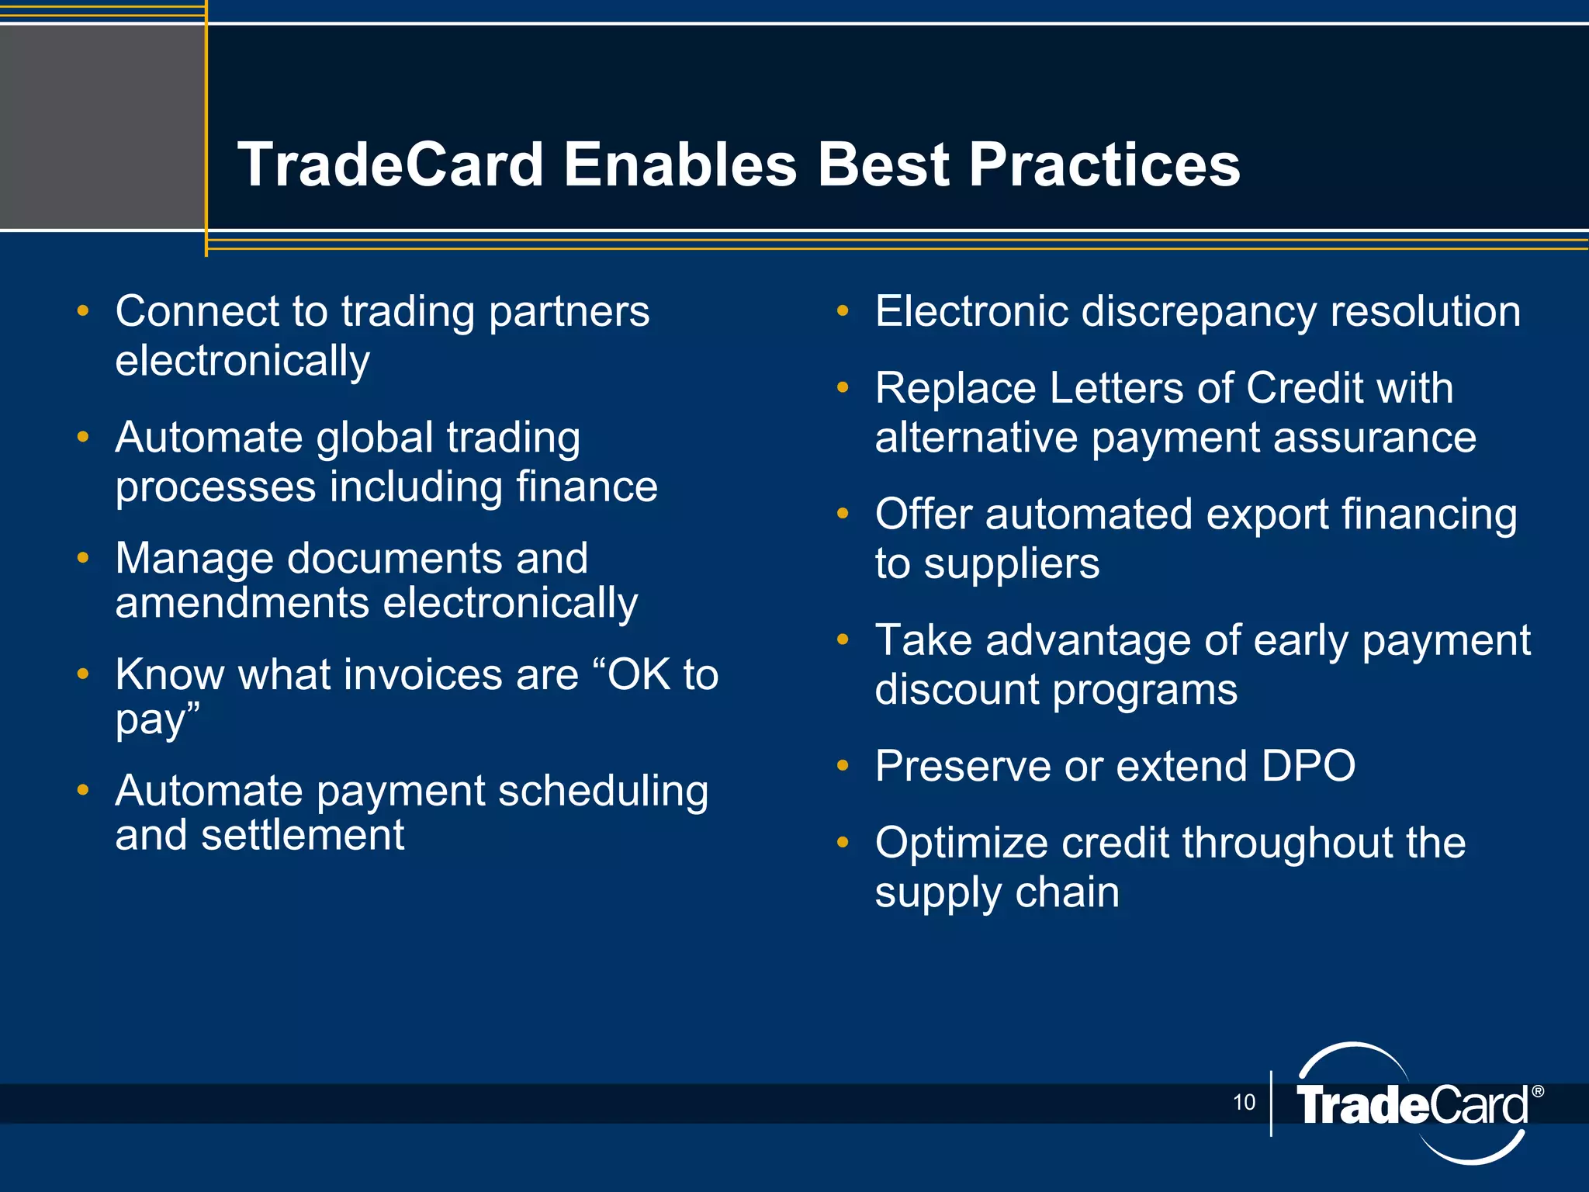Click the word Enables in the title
pos(680,165)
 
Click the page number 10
pos(1244,1102)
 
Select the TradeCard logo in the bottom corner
pos(1412,1104)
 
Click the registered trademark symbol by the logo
pos(1538,1092)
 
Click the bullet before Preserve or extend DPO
pos(843,766)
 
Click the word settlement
pos(303,836)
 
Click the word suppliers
pos(1012,564)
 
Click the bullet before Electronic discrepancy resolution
pos(843,311)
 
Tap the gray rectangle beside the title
pos(101,126)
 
